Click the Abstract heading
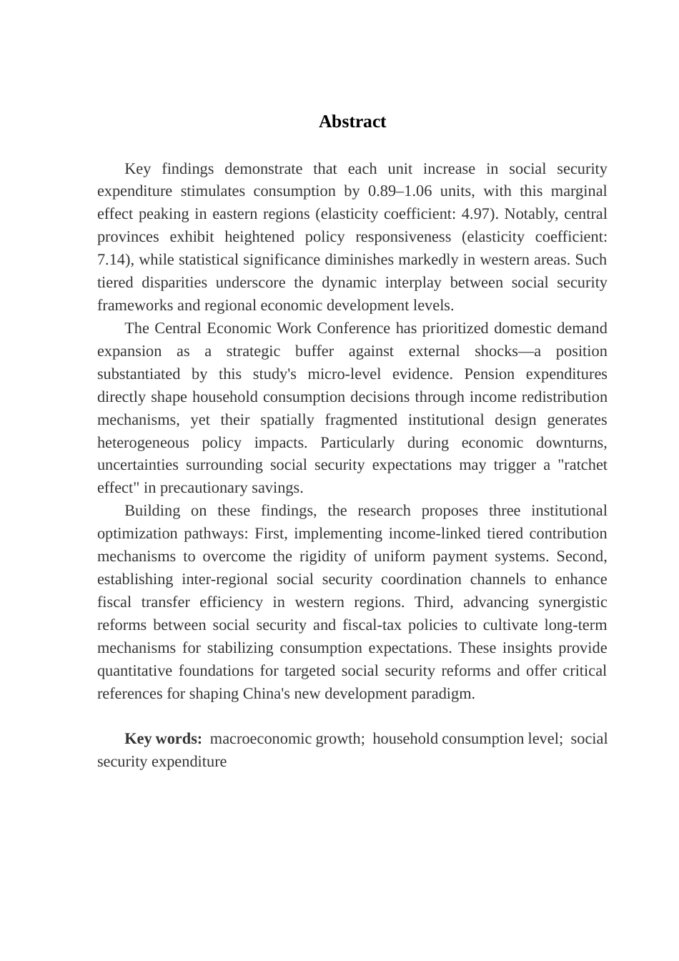point(352,122)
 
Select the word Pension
point(490,374)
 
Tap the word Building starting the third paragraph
point(152,511)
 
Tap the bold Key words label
point(163,739)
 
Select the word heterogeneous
point(144,443)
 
